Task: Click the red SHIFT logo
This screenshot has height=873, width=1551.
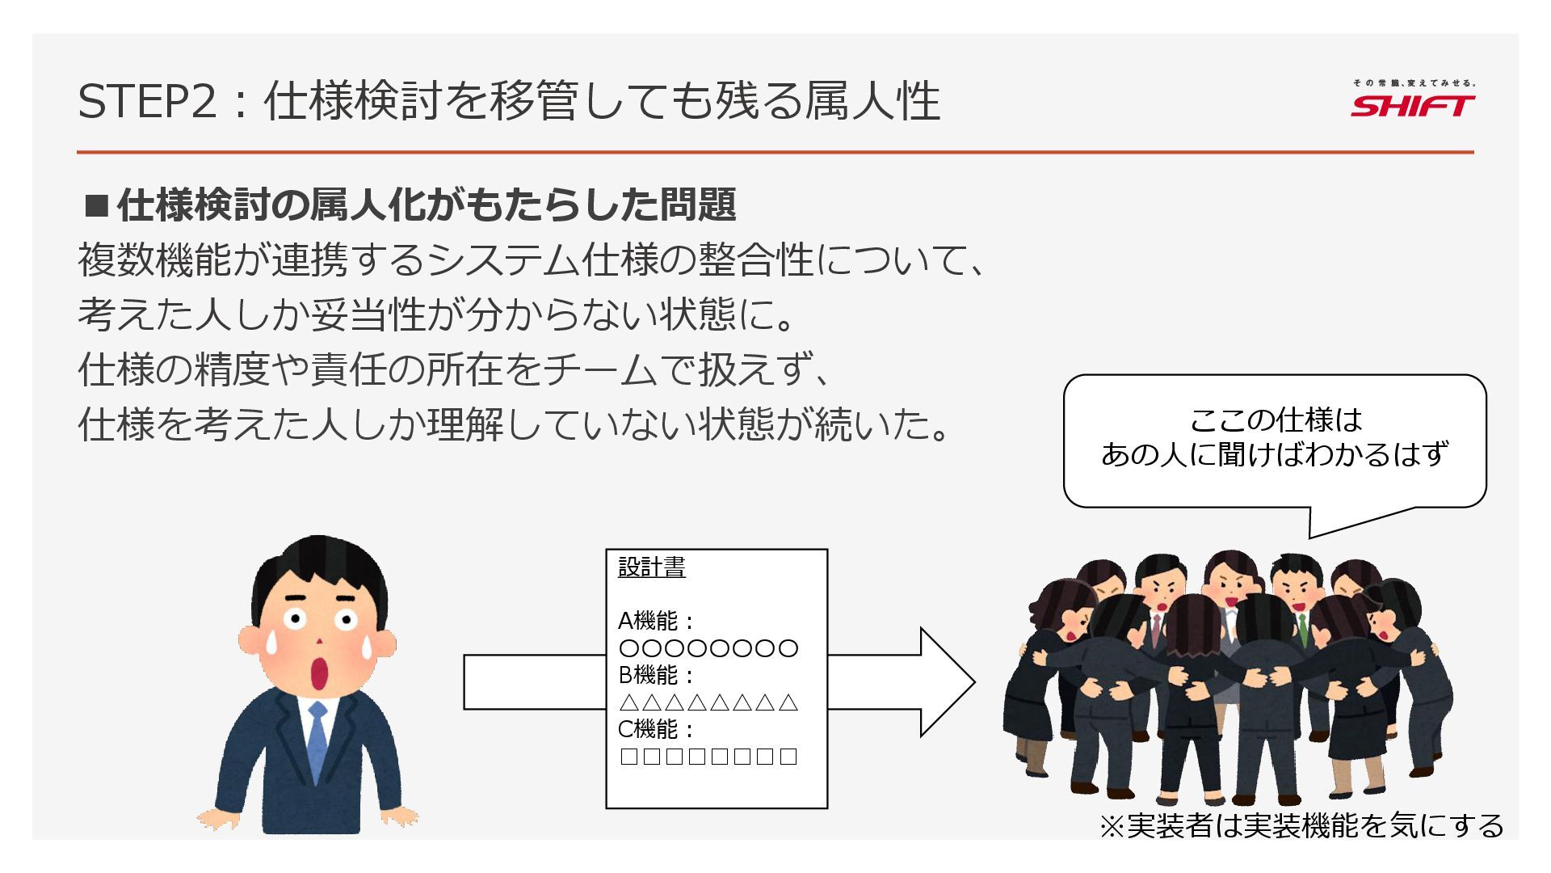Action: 1412,106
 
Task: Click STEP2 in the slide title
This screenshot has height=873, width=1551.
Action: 148,102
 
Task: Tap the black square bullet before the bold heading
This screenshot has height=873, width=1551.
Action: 96,206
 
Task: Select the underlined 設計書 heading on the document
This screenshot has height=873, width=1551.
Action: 651,567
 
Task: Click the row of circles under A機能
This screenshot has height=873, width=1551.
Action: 708,648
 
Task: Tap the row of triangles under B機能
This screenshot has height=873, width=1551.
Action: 708,702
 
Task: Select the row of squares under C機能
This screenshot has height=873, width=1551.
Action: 708,757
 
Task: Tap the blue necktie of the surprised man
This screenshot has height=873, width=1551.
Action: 317,740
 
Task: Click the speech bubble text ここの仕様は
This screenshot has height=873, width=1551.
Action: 1275,420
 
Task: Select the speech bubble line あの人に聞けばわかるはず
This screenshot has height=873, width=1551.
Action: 1275,454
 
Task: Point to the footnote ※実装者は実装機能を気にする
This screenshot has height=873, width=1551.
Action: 1301,825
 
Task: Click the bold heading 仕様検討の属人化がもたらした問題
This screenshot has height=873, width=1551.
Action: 426,205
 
